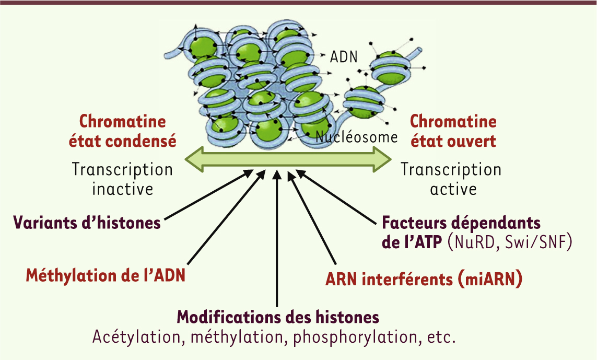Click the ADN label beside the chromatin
click(x=344, y=57)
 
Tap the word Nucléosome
click(x=357, y=137)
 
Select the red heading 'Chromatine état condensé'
click(x=123, y=131)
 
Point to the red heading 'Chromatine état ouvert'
click(x=453, y=131)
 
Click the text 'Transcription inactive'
click(x=123, y=179)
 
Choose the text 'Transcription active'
click(x=451, y=179)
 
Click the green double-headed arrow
click(x=288, y=159)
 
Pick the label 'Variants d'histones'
click(x=87, y=223)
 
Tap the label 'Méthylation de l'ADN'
click(x=106, y=275)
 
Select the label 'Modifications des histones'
click(x=278, y=317)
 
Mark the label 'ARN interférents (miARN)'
click(x=424, y=279)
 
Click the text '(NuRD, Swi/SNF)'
click(x=510, y=242)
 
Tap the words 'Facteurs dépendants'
click(x=461, y=223)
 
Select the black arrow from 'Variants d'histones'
click(x=208, y=195)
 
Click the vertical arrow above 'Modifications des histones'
click(x=277, y=239)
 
